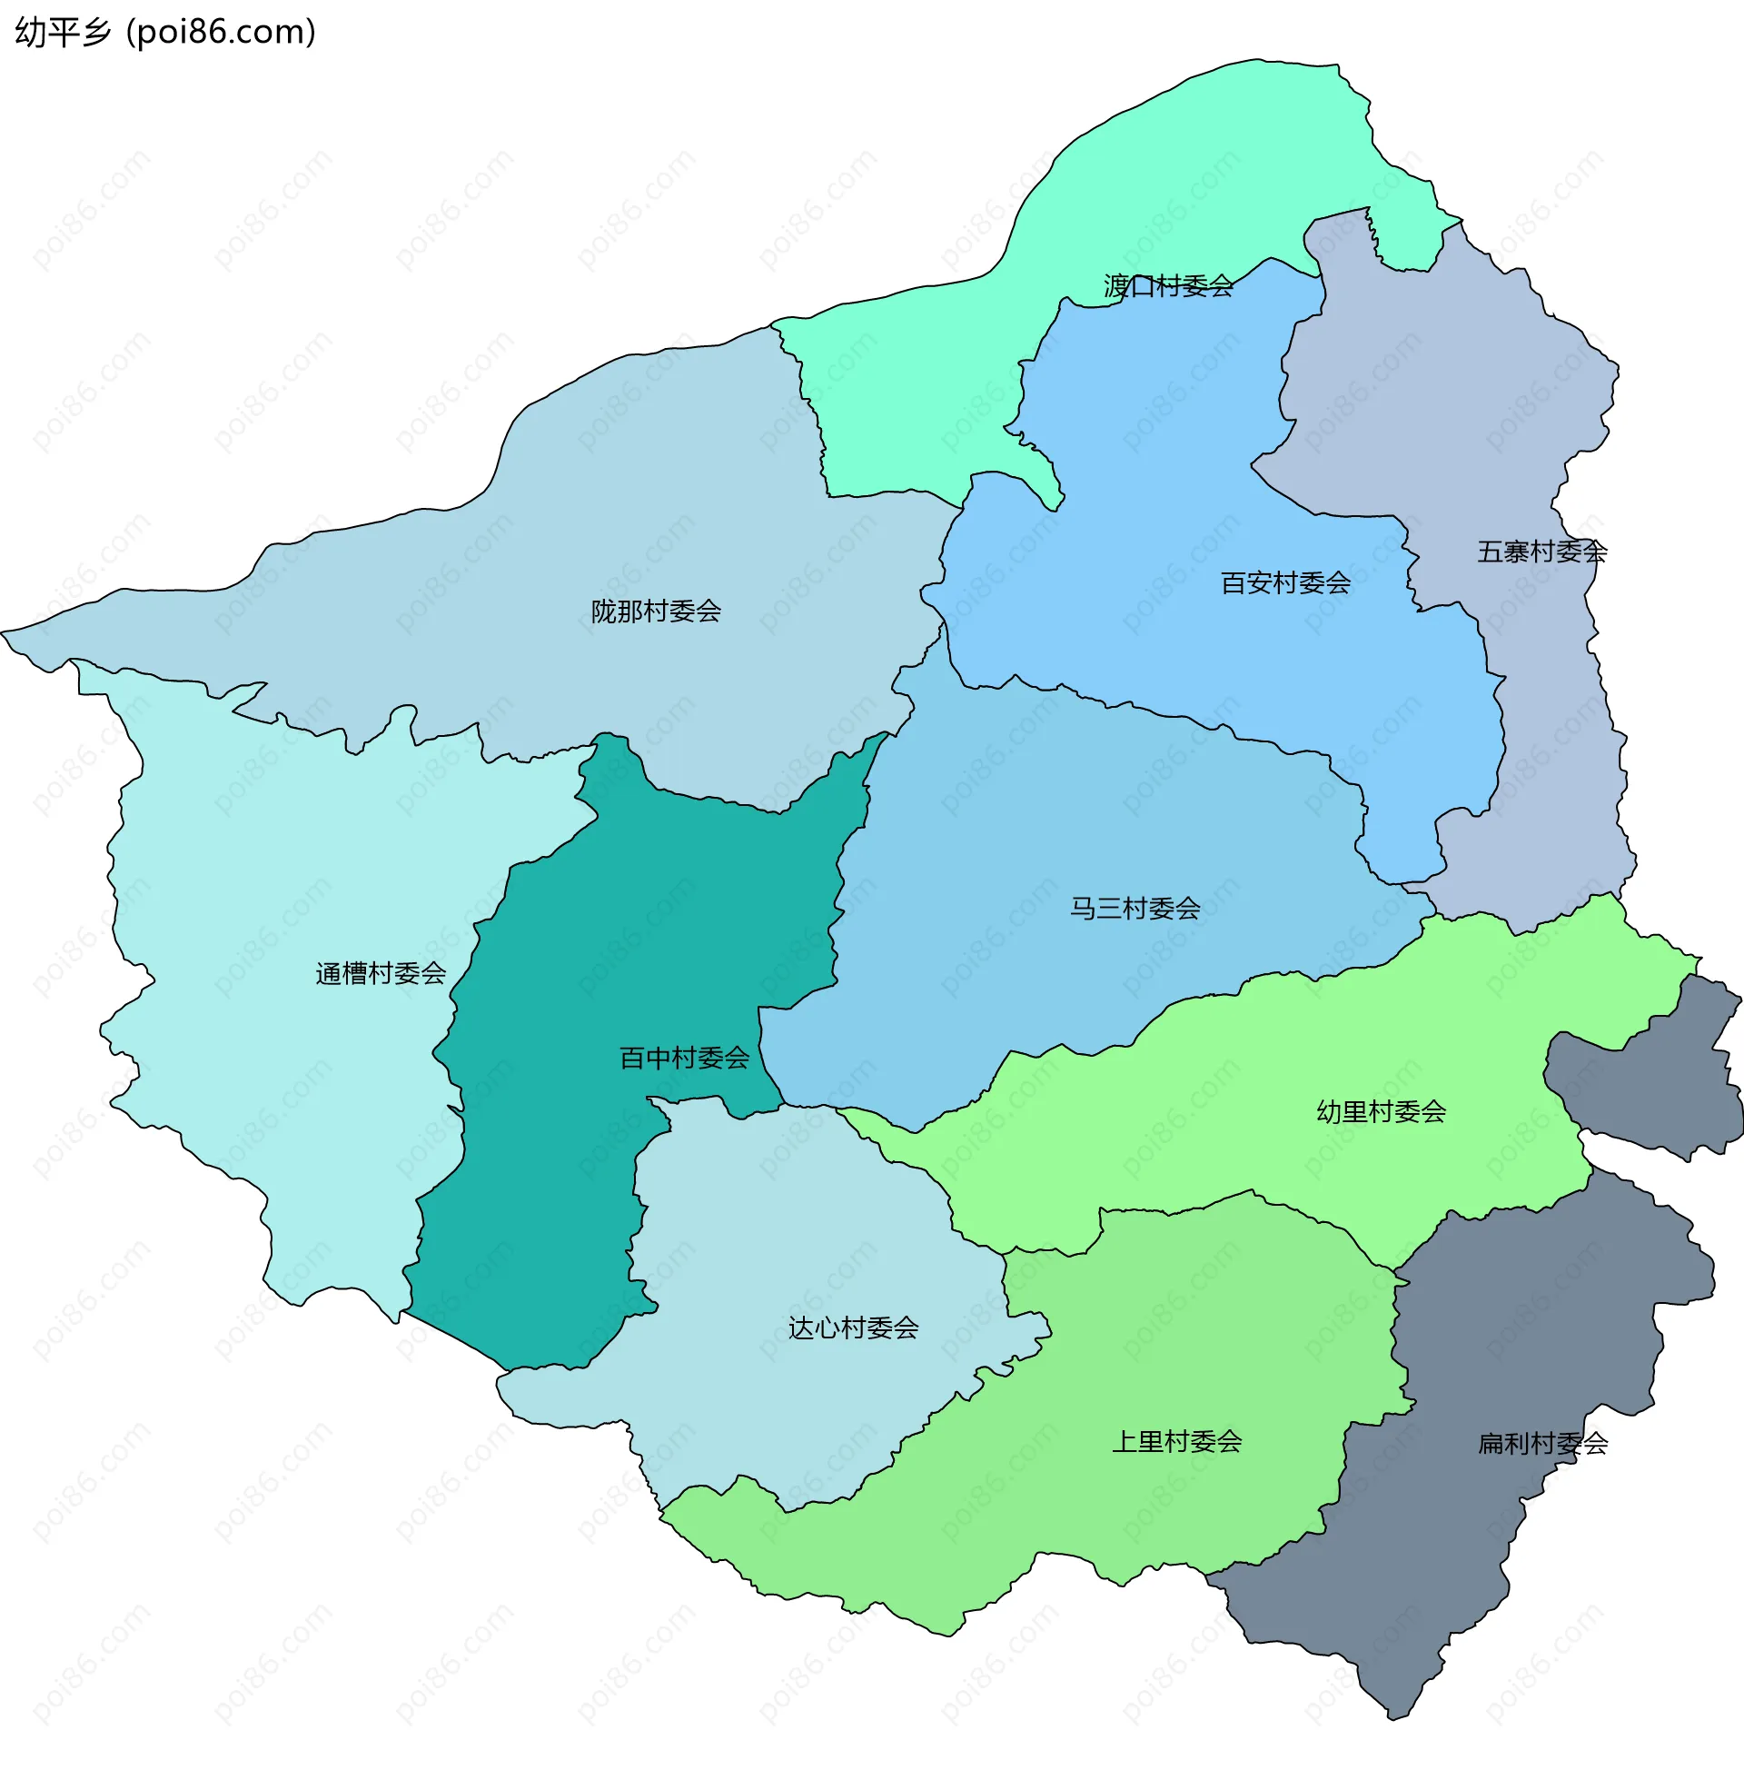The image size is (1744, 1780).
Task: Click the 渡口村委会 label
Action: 1168,287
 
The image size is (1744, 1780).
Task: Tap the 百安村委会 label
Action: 1285,582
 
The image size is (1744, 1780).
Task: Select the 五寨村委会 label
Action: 1541,552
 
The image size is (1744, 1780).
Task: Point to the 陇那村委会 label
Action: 656,611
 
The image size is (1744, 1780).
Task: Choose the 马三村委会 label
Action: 1135,909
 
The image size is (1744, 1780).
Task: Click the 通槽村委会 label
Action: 380,973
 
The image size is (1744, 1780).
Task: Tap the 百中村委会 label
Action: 684,1059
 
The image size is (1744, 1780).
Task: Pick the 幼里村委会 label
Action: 1382,1112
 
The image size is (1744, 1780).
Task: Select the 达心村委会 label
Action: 853,1328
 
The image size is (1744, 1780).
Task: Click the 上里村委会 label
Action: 1177,1442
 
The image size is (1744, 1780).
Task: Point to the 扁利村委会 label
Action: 1542,1444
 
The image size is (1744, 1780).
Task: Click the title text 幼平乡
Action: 63,32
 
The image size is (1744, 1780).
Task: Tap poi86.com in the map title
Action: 221,32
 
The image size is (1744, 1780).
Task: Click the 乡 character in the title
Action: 96,32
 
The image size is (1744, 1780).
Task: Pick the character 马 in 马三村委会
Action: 1084,909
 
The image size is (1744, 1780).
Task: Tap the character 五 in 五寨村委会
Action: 1491,552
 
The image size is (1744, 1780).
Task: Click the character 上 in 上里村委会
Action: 1125,1442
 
